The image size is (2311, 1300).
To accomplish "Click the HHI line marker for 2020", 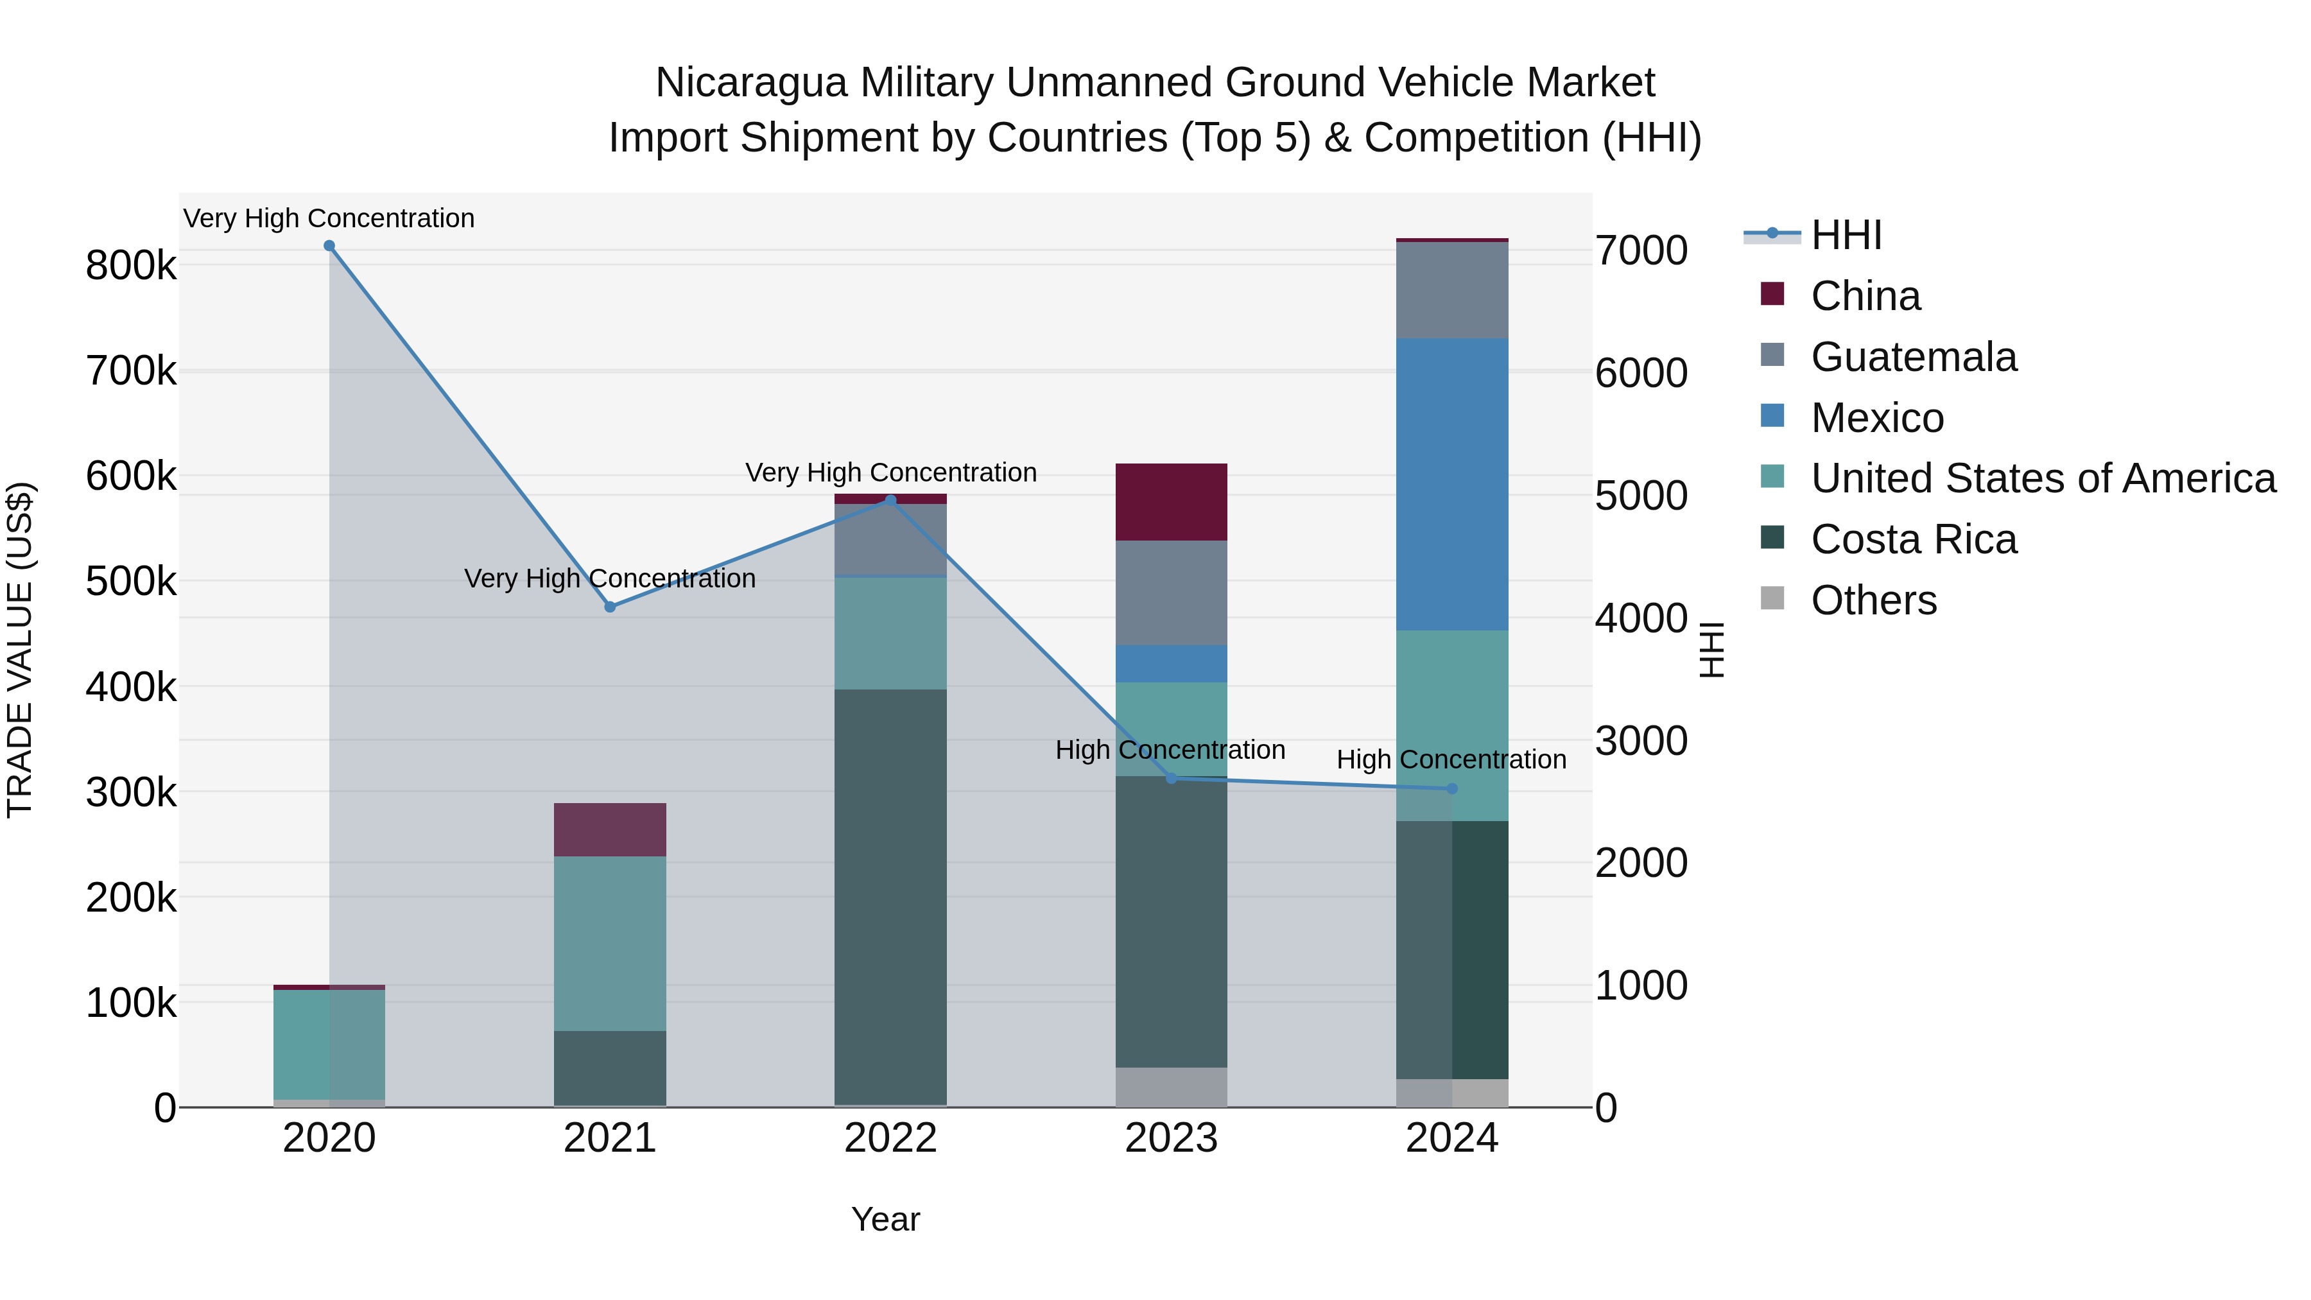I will point(329,246).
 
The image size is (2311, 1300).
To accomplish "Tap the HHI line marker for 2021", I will point(610,607).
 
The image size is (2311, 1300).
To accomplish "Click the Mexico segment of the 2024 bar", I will point(1453,485).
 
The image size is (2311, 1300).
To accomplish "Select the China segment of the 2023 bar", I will point(1172,503).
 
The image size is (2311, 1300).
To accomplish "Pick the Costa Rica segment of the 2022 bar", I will point(891,897).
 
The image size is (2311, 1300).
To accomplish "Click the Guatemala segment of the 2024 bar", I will point(1453,290).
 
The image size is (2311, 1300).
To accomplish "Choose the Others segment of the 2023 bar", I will point(1172,1088).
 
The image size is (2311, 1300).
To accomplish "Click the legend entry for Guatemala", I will point(1914,357).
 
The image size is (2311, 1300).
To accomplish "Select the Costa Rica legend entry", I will point(1914,540).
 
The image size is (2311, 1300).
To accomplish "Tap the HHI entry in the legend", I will point(1846,235).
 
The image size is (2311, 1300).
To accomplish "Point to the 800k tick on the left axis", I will point(131,266).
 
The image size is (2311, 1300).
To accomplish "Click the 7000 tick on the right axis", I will point(1641,250).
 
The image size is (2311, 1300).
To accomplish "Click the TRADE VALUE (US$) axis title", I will point(20,650).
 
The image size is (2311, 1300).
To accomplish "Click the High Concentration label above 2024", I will point(1451,760).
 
